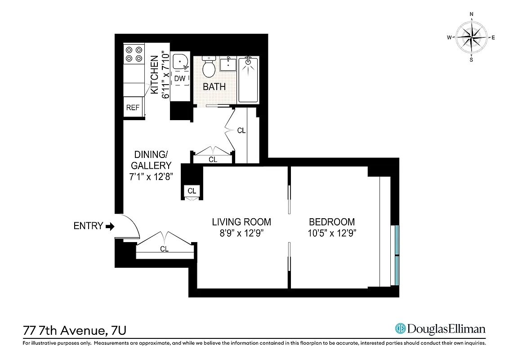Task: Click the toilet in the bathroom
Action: [208, 67]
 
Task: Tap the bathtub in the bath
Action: [248, 79]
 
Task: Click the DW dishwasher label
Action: [180, 79]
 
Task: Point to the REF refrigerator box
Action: [133, 108]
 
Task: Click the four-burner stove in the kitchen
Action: [134, 54]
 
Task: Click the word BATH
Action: [214, 87]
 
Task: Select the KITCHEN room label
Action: [154, 74]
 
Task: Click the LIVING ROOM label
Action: [241, 222]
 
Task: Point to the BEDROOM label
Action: [331, 222]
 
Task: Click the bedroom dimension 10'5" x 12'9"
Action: [331, 233]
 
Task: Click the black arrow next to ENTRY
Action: [110, 226]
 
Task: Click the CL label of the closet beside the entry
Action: [164, 248]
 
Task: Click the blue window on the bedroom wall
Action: [396, 255]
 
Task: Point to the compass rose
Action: [471, 37]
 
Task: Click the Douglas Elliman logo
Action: [440, 329]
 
